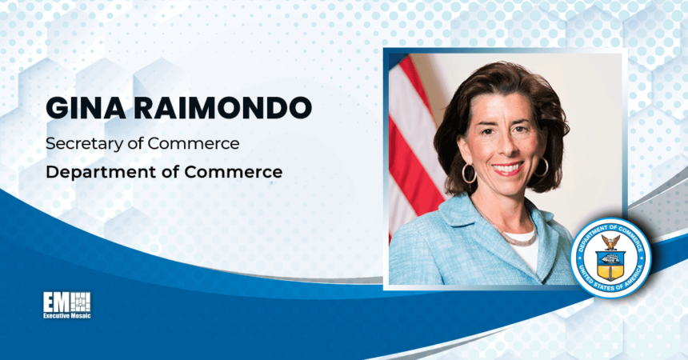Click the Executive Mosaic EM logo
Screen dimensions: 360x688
point(67,302)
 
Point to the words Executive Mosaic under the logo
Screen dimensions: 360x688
point(67,317)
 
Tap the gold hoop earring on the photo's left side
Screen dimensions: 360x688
point(469,173)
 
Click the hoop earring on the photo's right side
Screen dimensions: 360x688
point(542,167)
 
